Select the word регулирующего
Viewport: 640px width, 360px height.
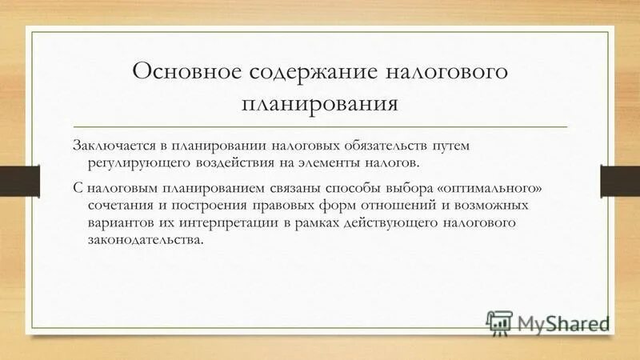pos(138,162)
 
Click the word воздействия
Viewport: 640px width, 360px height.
pos(230,162)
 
